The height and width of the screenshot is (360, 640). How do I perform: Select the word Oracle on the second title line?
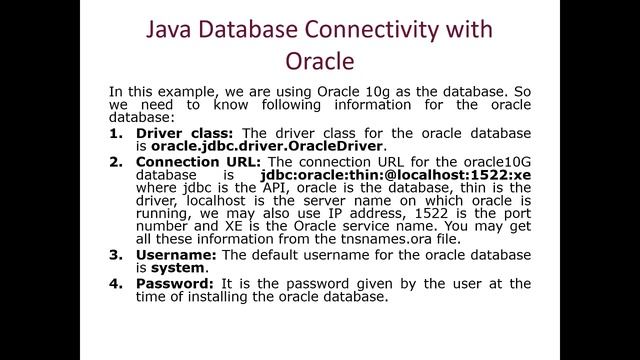tap(320, 61)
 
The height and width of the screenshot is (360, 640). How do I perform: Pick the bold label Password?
tap(173, 288)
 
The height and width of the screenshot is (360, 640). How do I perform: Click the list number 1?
tap(116, 133)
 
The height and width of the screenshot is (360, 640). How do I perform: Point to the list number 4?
tap(116, 288)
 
